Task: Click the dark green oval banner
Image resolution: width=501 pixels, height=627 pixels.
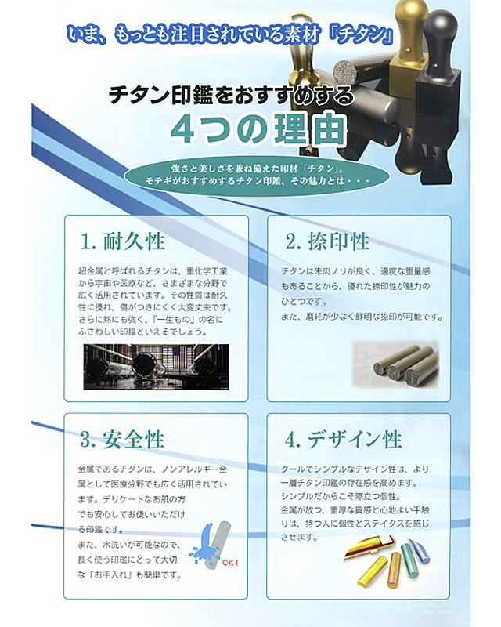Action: tap(250, 175)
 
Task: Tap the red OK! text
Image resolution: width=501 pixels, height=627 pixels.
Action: tap(230, 563)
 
